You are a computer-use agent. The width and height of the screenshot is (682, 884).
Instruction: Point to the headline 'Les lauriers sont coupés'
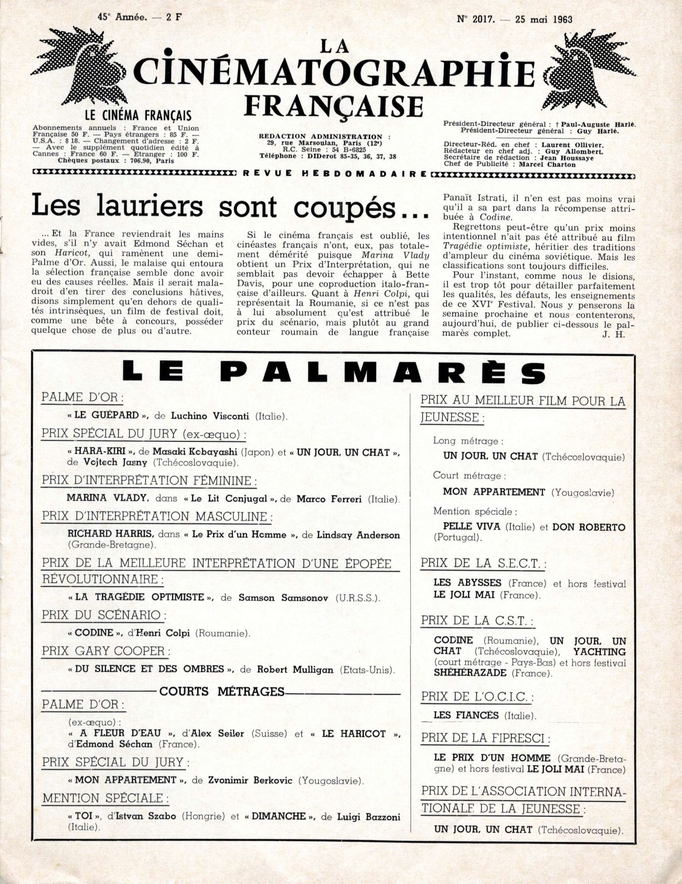click(230, 206)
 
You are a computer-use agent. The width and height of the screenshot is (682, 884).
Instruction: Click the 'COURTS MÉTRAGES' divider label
click(221, 692)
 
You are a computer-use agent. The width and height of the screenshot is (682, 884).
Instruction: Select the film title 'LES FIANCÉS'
click(466, 715)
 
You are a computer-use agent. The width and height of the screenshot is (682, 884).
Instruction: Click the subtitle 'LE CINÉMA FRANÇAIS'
click(138, 116)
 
